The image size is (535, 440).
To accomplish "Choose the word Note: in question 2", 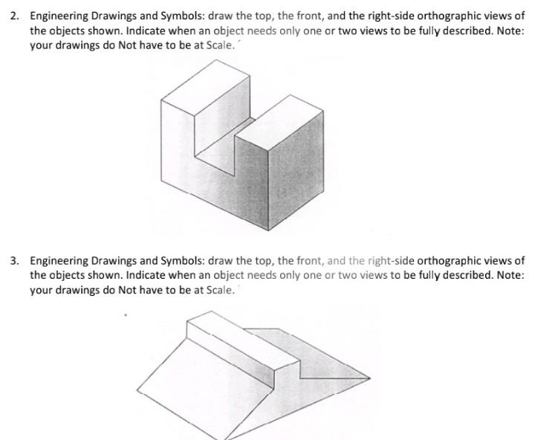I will click(509, 30).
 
